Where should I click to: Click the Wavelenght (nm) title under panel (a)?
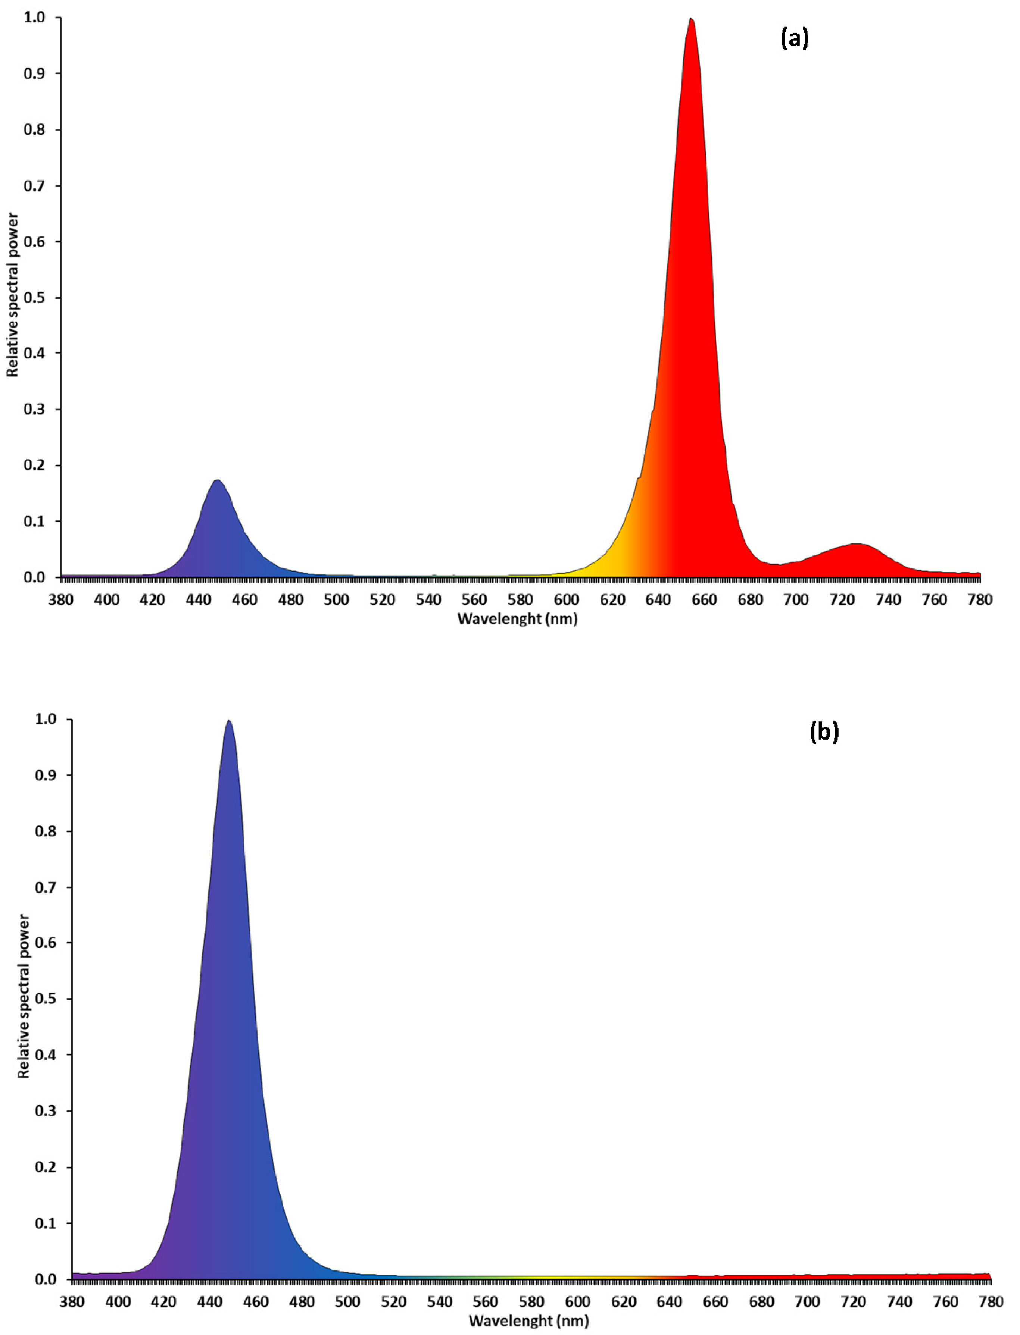coord(517,619)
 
